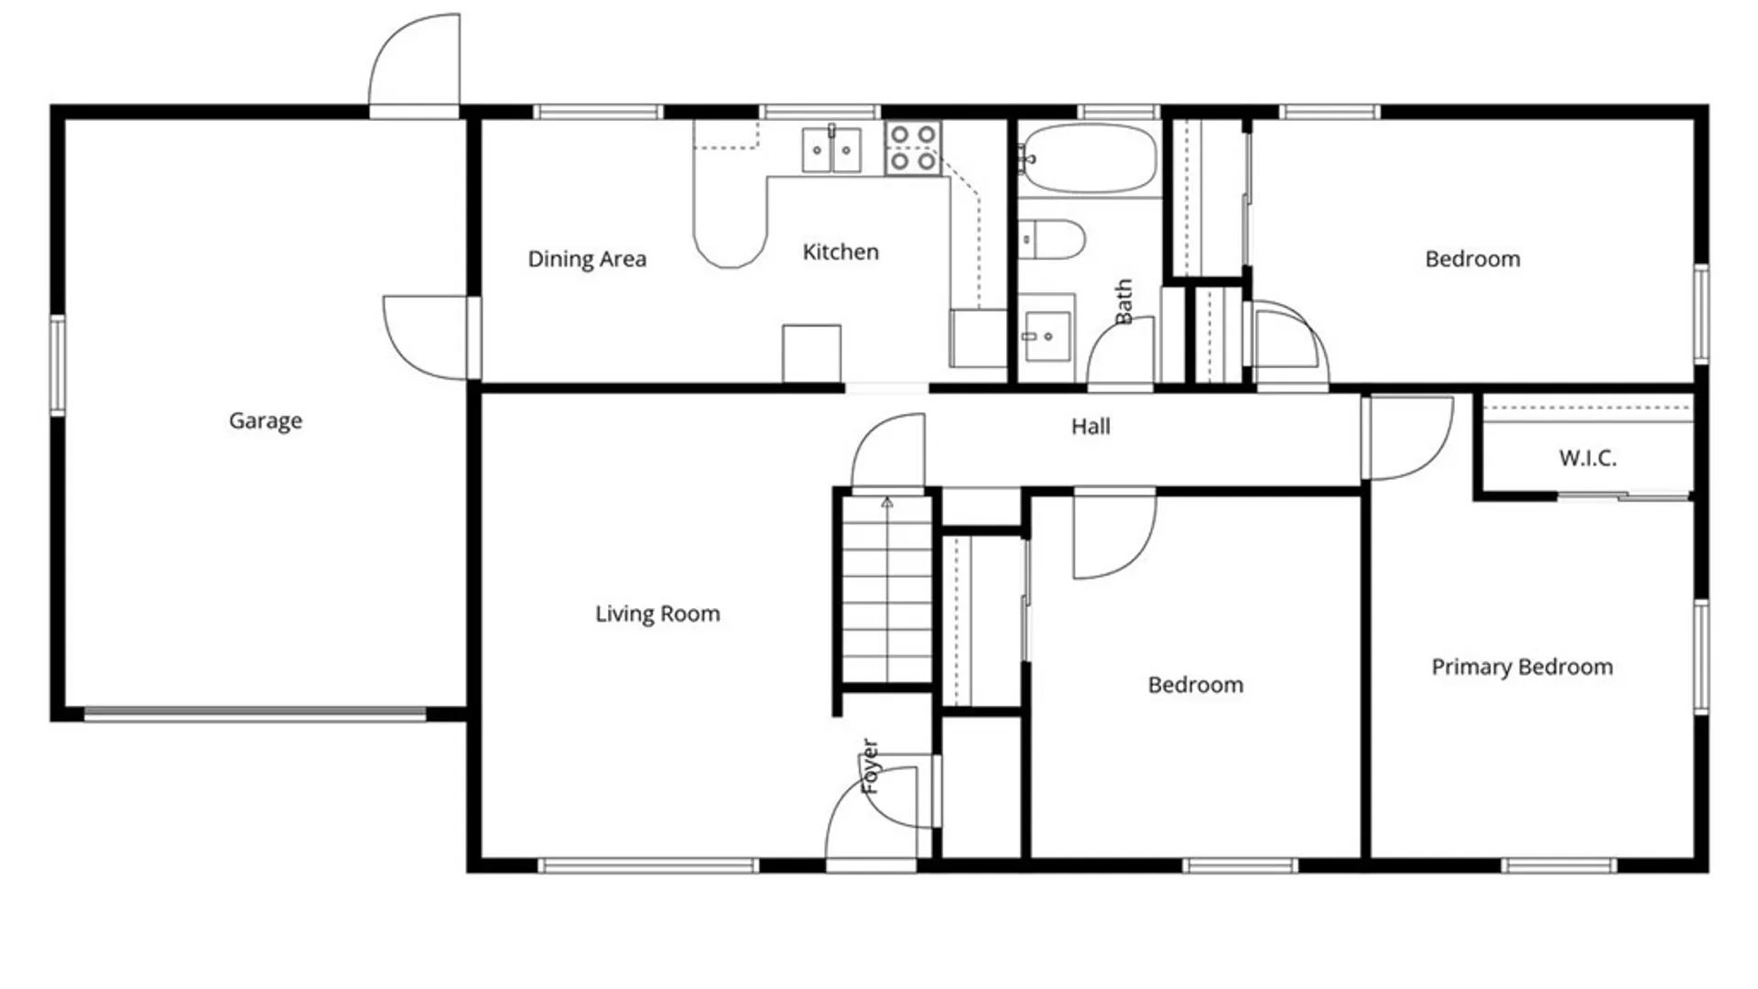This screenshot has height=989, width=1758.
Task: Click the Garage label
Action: [x=266, y=420]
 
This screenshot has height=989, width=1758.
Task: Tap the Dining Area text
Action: [x=587, y=259]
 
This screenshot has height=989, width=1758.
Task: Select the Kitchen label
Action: [x=841, y=252]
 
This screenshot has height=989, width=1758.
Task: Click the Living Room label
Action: [x=657, y=614]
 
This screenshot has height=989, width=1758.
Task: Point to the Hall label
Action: [x=1091, y=426]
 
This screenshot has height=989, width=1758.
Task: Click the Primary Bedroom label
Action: [x=1522, y=667]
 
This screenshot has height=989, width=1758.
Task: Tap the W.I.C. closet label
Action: [x=1588, y=458]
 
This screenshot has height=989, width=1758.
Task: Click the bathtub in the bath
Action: [x=1089, y=158]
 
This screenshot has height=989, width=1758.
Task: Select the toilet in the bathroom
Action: [x=1052, y=240]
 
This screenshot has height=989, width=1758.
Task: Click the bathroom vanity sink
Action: [x=1046, y=336]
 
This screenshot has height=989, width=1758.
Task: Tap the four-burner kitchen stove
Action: [x=913, y=148]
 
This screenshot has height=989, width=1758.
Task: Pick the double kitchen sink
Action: [x=831, y=150]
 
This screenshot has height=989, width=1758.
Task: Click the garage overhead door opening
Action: [x=255, y=714]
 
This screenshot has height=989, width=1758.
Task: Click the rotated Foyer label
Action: [x=870, y=766]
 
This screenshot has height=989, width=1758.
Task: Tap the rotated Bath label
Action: [x=1123, y=301]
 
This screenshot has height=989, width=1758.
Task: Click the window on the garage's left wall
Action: [x=58, y=364]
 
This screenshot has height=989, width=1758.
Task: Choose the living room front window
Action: [x=648, y=865]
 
